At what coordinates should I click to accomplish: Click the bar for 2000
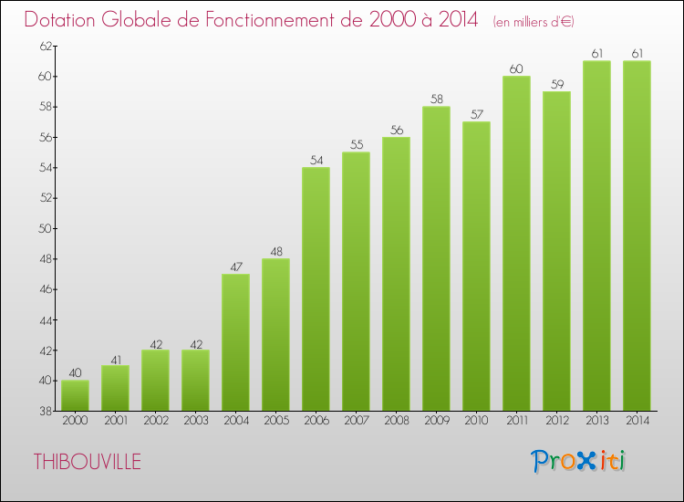pyautogui.click(x=75, y=395)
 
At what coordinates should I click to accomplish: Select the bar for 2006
pyautogui.click(x=316, y=288)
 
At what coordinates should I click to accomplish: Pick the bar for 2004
pyautogui.click(x=235, y=342)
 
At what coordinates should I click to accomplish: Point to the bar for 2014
pyautogui.click(x=637, y=235)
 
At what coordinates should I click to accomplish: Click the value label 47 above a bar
pyautogui.click(x=235, y=266)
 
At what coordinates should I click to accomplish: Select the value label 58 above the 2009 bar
pyautogui.click(x=436, y=99)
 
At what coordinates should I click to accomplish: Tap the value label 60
pyautogui.click(x=516, y=68)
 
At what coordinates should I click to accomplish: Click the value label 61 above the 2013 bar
pyautogui.click(x=596, y=53)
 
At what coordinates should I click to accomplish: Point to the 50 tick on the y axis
pyautogui.click(x=44, y=228)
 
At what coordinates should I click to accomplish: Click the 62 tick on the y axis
pyautogui.click(x=44, y=46)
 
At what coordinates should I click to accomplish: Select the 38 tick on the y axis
pyautogui.click(x=44, y=411)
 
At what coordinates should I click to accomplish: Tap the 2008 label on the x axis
pyautogui.click(x=396, y=421)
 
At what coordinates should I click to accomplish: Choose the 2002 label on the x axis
pyautogui.click(x=155, y=421)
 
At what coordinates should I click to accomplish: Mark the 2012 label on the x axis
pyautogui.click(x=556, y=421)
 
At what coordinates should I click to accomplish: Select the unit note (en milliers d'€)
pyautogui.click(x=534, y=21)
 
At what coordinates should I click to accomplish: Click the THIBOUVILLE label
pyautogui.click(x=88, y=462)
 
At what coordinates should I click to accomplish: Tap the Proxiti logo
pyautogui.click(x=578, y=461)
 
